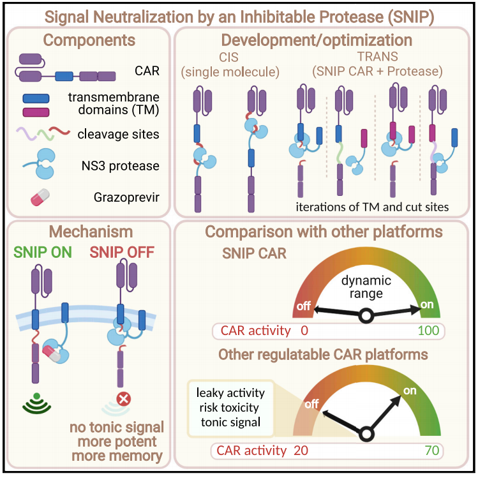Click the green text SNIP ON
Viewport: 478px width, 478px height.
click(43, 252)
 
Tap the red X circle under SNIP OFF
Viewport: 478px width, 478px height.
click(124, 400)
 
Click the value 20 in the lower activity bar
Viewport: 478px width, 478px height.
click(301, 451)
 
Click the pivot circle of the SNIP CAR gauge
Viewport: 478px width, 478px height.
click(366, 315)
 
